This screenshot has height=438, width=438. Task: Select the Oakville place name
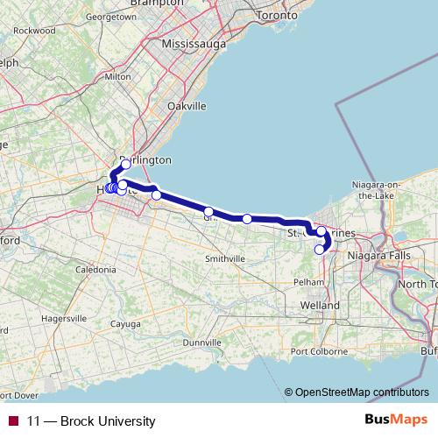point(187,105)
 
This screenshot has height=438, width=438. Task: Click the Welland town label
point(320,305)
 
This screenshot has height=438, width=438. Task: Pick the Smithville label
point(223,258)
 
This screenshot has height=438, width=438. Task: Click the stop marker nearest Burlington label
point(125,164)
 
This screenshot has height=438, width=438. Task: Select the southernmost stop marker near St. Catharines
point(319,250)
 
